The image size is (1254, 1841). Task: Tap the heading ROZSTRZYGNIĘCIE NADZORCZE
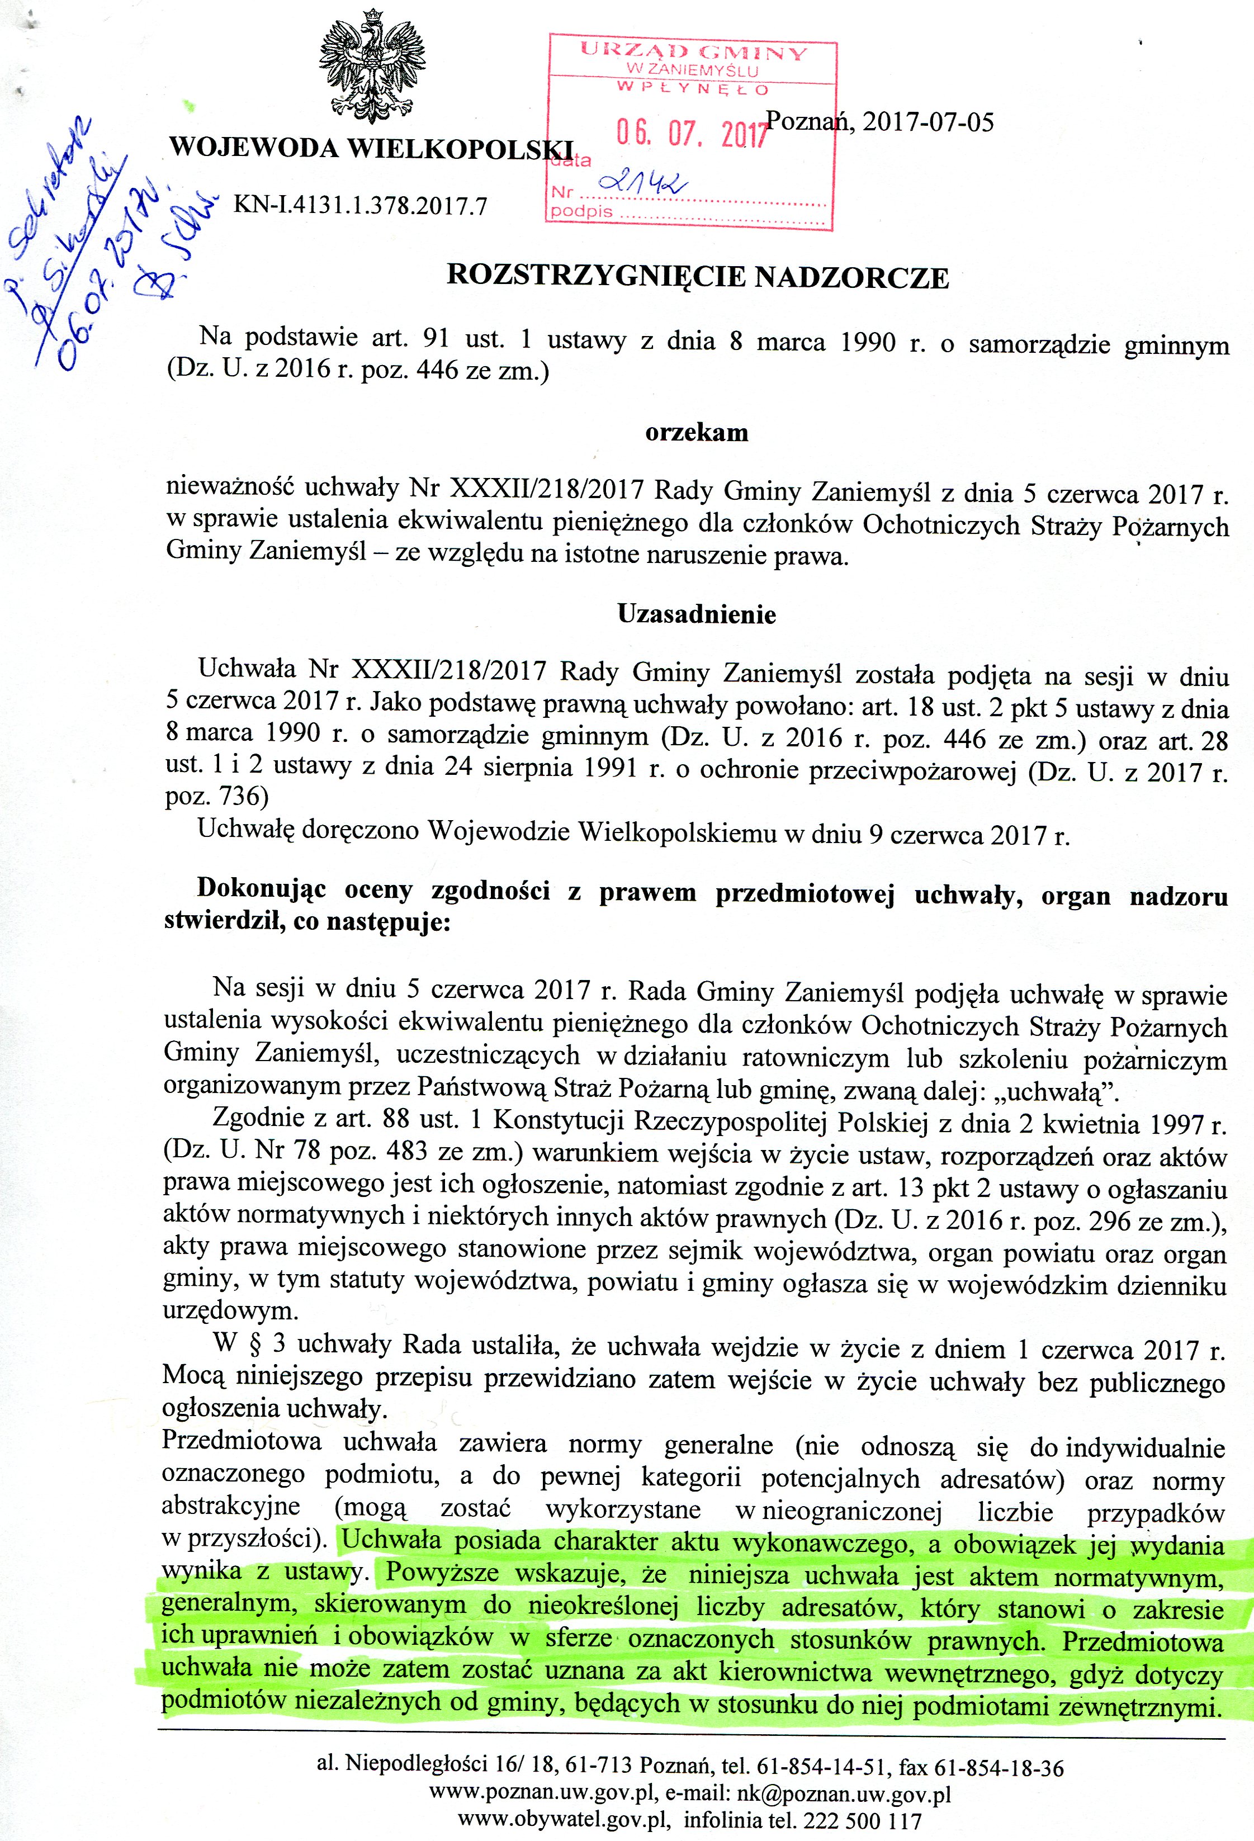[x=697, y=277]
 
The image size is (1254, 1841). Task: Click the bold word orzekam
[x=696, y=433]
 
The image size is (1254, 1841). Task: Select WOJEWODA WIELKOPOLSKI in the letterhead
[x=371, y=148]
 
